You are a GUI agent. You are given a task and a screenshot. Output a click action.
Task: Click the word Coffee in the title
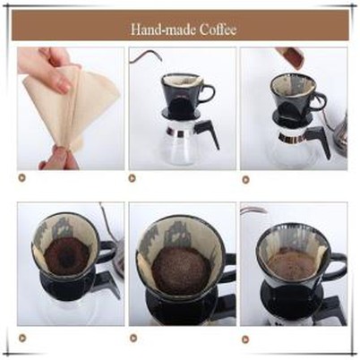(213, 29)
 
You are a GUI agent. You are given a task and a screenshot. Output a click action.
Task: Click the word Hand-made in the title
(160, 29)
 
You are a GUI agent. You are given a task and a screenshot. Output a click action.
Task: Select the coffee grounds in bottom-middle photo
(181, 268)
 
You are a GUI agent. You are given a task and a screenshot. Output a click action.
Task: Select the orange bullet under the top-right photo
(245, 179)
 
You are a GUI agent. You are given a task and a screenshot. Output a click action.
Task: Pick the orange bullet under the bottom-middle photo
(134, 338)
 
